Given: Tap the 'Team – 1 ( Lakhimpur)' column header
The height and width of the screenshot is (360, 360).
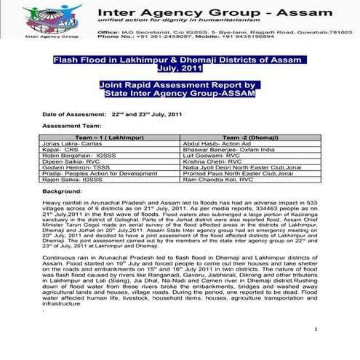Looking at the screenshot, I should coord(110,137).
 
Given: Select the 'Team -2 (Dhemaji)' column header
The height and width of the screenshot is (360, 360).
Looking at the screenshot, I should coord(251,137).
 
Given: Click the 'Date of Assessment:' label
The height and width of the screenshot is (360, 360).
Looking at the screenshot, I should coord(73,115).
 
